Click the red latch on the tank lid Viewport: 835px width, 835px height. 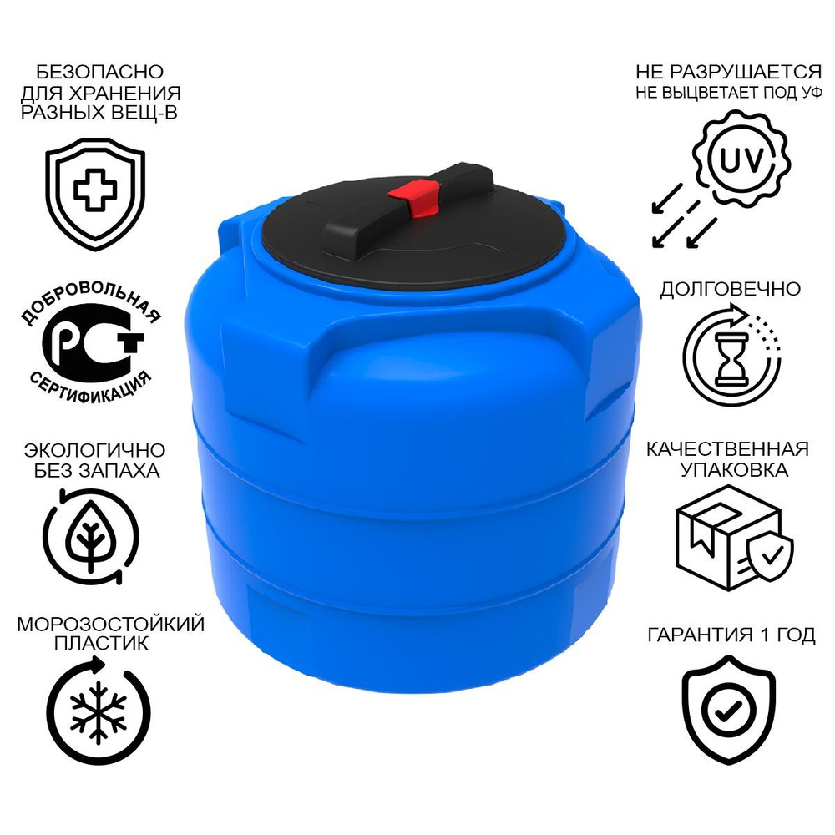point(415,198)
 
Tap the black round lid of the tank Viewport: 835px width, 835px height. point(414,235)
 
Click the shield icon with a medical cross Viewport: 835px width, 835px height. point(95,194)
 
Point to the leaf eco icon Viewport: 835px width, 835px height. point(91,537)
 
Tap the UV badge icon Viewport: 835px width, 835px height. point(742,159)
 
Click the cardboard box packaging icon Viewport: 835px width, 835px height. point(734,538)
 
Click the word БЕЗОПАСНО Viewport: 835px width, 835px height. point(99,71)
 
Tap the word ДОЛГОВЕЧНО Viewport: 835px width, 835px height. point(730,289)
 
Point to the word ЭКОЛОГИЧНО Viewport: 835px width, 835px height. point(94,450)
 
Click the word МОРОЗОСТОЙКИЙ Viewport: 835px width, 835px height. point(111,624)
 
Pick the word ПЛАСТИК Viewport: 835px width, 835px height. point(101,643)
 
